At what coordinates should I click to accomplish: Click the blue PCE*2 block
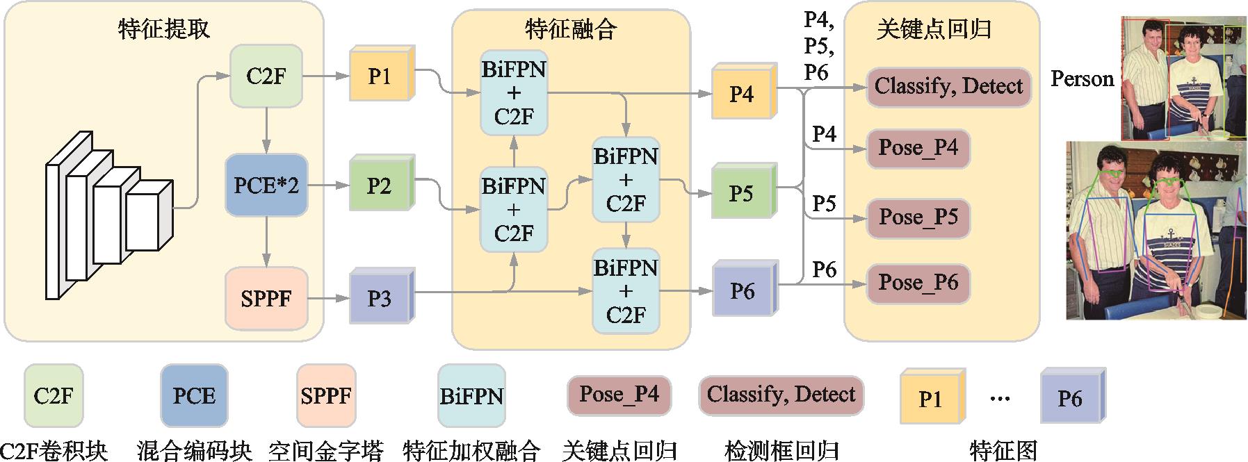[266, 185]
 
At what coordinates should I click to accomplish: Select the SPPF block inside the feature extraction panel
[266, 298]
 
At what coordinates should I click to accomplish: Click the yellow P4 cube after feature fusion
[742, 94]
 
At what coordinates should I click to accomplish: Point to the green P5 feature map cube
[742, 193]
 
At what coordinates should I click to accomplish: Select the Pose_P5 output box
[918, 217]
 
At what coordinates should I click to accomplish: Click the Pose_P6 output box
[918, 283]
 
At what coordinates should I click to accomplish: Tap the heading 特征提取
[164, 28]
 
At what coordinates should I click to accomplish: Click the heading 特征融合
[571, 28]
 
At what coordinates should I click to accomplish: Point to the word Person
[1082, 79]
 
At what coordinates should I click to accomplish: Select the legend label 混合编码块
[194, 451]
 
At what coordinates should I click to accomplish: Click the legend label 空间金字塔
[325, 451]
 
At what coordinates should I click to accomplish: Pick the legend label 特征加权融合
[471, 451]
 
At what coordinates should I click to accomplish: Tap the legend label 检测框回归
[781, 451]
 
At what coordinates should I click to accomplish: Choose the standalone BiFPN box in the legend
[471, 397]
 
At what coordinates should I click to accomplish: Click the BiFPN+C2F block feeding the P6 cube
[626, 291]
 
